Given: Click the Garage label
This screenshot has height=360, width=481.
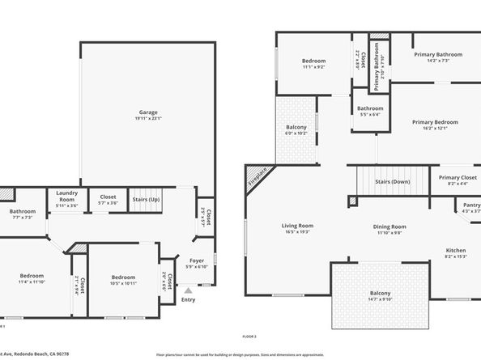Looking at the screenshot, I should pos(147,112).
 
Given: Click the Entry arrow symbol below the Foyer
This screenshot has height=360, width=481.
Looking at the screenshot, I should pos(188,289).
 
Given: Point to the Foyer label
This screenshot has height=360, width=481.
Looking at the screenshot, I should pos(197,260).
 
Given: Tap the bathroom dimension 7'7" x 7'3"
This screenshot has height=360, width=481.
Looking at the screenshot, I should pos(22,218).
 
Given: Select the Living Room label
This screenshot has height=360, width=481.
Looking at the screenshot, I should pos(297,226).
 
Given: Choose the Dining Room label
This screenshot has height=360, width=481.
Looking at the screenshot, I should pos(389,227).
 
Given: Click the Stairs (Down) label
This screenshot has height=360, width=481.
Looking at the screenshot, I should pos(393,181).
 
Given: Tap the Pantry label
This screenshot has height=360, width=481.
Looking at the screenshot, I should pos(471,205).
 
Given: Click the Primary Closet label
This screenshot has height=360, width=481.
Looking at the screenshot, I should pos(458,177).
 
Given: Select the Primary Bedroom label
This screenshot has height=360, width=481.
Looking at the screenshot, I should pos(435,122).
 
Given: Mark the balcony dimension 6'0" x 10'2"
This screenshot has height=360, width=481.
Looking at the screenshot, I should pos(296,133).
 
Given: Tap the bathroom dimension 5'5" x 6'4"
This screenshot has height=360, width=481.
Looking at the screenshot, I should pos(370,114).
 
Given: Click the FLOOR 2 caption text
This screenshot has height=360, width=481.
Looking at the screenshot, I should pos(249,336).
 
